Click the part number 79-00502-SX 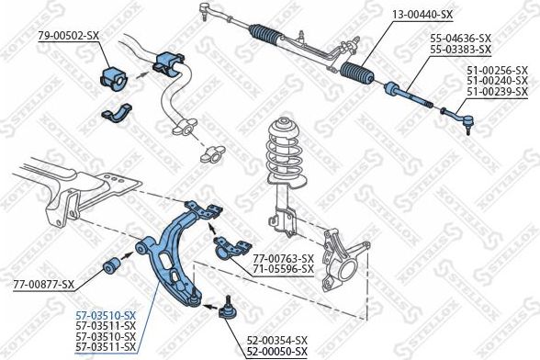[x=68, y=35]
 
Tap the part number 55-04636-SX [x=461, y=38]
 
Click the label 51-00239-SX [x=498, y=92]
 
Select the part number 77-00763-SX [x=284, y=258]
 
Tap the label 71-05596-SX [x=284, y=269]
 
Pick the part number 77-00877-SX [x=43, y=285]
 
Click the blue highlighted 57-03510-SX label [x=106, y=315]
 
